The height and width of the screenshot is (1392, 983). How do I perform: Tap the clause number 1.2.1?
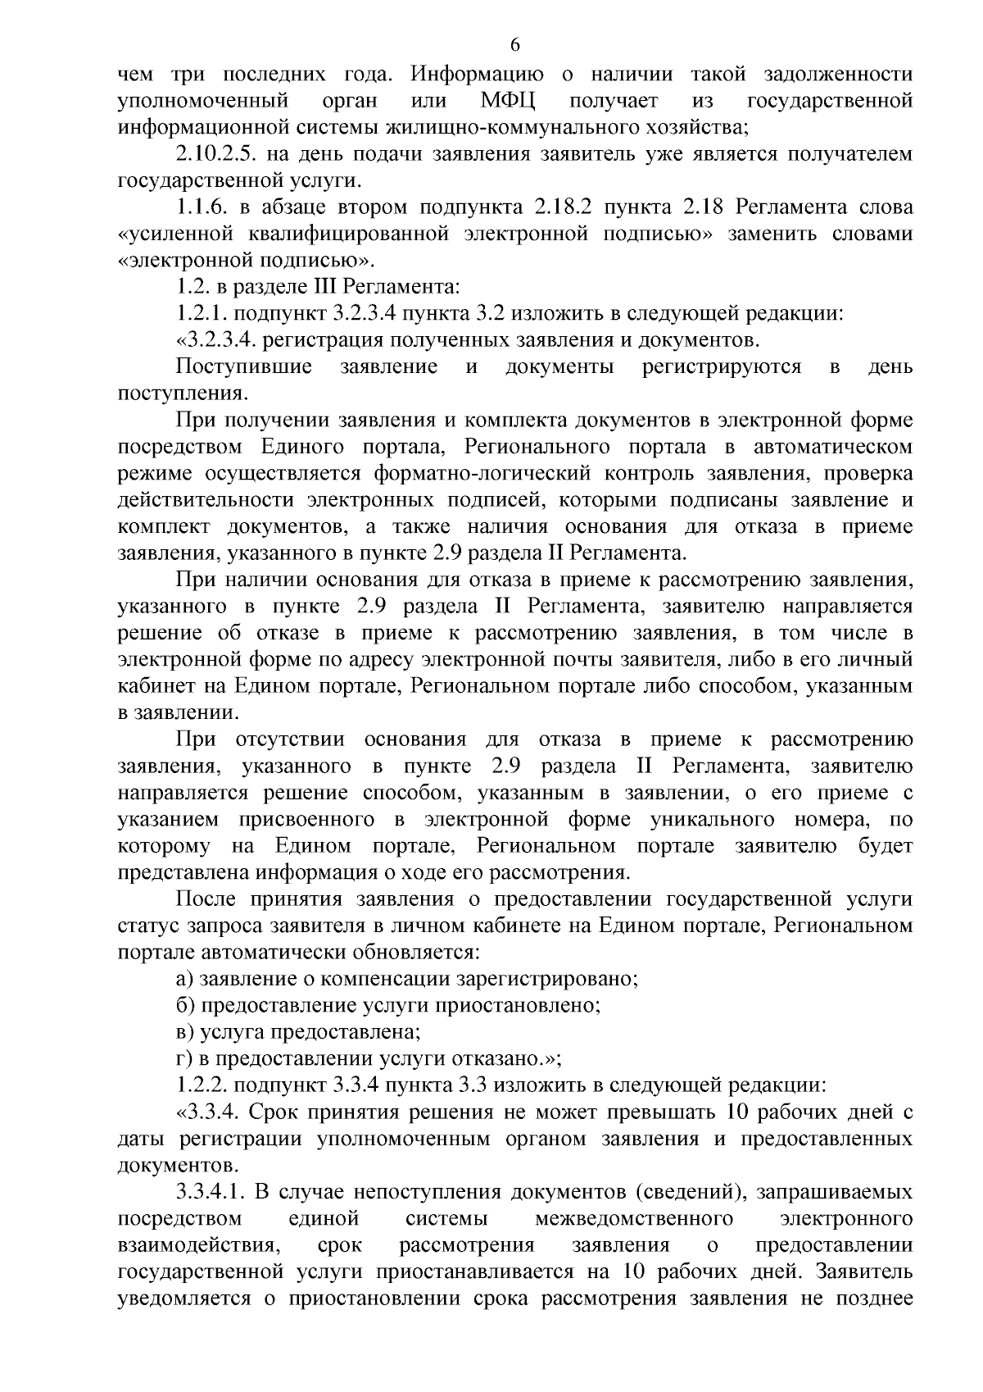(203, 314)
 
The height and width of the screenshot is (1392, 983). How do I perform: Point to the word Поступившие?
(244, 367)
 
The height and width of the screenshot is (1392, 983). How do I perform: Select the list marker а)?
(185, 979)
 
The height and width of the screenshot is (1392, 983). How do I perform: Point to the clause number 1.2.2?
(203, 1085)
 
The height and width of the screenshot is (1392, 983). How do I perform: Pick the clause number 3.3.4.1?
(213, 1192)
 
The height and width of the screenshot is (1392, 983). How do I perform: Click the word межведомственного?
(634, 1219)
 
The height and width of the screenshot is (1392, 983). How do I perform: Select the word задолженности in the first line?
(838, 75)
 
